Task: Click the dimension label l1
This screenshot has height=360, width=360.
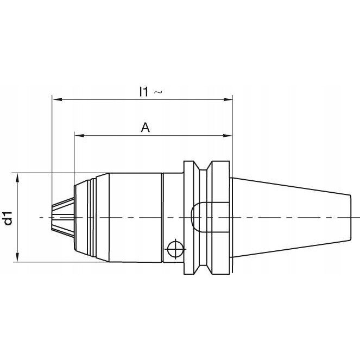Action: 144,91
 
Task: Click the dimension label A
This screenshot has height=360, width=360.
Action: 146,128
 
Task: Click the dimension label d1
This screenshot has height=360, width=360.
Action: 9,218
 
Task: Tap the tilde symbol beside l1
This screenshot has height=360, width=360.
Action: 158,92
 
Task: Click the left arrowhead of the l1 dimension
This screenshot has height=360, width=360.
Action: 57,99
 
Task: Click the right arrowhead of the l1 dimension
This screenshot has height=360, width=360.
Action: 228,99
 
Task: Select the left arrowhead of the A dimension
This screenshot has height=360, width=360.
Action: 79,135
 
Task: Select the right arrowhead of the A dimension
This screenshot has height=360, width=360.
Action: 228,135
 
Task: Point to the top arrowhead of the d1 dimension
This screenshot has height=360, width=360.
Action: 17,178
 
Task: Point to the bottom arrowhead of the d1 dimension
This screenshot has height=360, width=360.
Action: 17,257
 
